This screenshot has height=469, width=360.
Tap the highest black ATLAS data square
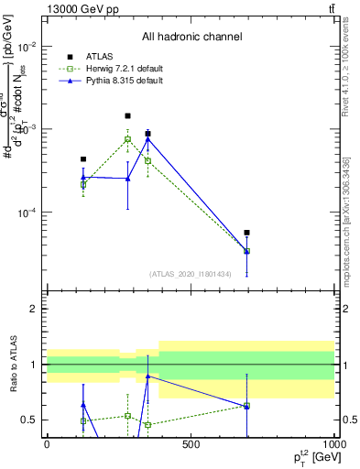pos(127,116)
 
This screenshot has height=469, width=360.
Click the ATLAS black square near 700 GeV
pos(247,233)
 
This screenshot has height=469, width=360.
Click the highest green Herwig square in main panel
pos(127,139)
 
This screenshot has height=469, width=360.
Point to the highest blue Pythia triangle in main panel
pos(147,138)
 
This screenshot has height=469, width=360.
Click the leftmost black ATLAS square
pos(83,159)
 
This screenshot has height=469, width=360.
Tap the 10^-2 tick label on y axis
pos(27,46)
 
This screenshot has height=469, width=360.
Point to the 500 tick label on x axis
pos(191,443)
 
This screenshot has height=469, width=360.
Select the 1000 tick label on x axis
pos(333,443)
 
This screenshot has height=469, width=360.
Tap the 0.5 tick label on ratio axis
pos(30,420)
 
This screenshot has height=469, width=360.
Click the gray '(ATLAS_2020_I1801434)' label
pos(191,273)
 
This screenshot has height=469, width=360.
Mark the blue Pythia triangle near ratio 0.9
pos(147,376)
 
